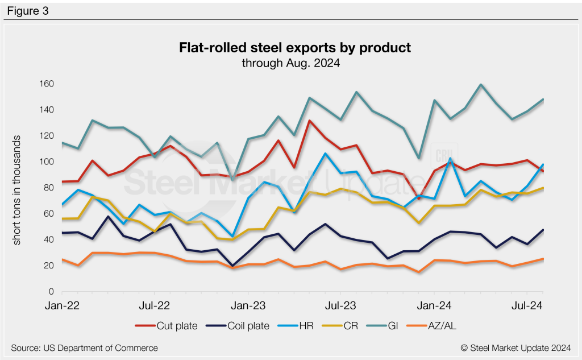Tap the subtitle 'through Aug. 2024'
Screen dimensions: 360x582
291,63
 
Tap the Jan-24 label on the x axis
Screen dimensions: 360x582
434,305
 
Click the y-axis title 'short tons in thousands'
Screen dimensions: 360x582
18,190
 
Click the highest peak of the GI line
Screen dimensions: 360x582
481,85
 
